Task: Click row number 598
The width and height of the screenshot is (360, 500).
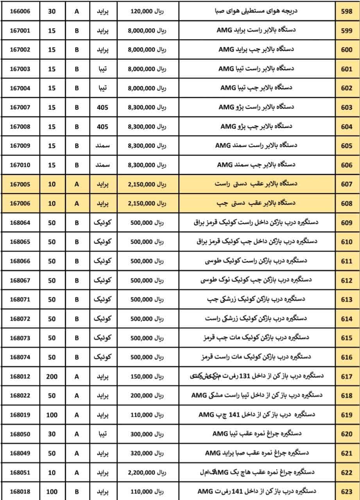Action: (346, 12)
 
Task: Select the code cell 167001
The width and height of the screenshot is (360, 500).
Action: (20, 31)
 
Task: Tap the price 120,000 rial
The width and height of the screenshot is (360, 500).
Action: (147, 12)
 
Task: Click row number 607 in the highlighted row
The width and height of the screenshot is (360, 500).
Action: (346, 184)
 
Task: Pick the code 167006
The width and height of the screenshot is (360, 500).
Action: (20, 204)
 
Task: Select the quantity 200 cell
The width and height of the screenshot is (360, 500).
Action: (52, 377)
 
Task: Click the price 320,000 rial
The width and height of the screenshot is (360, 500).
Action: (147, 454)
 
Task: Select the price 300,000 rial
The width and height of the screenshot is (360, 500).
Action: (147, 434)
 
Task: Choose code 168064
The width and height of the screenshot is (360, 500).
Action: (20, 223)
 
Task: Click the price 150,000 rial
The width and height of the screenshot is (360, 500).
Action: (147, 377)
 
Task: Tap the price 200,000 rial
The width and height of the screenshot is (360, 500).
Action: (147, 396)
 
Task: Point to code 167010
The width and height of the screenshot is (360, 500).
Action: (20, 165)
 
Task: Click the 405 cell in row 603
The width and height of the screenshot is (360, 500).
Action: (102, 107)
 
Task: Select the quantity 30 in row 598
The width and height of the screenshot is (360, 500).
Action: (52, 12)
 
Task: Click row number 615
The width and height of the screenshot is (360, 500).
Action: (346, 338)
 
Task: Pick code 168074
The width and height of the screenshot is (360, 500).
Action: (20, 357)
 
